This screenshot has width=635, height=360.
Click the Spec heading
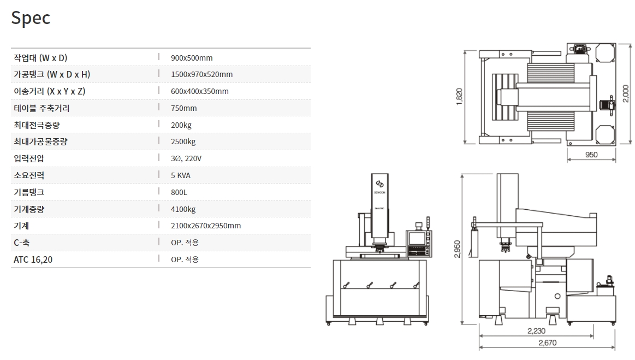(x=31, y=18)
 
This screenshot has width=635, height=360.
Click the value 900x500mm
(x=192, y=58)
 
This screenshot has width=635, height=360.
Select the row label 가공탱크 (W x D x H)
(x=52, y=74)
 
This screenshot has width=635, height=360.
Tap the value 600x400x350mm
(x=199, y=91)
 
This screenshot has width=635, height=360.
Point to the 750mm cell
(x=183, y=108)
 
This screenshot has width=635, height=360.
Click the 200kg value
(x=181, y=125)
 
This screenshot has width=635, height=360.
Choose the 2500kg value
(x=183, y=141)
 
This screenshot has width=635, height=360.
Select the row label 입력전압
(x=29, y=158)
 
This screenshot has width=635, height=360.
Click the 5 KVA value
(x=181, y=175)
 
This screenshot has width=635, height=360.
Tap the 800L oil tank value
(x=179, y=192)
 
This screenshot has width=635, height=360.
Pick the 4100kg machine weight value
(x=183, y=209)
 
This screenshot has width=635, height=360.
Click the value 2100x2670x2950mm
(x=205, y=226)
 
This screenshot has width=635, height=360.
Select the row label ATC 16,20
(x=33, y=259)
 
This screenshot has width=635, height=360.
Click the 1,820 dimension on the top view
(x=459, y=97)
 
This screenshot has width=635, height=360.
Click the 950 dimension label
(x=591, y=155)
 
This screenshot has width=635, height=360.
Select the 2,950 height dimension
(x=457, y=249)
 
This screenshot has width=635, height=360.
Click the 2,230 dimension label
(x=536, y=331)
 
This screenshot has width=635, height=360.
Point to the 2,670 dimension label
(x=547, y=343)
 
